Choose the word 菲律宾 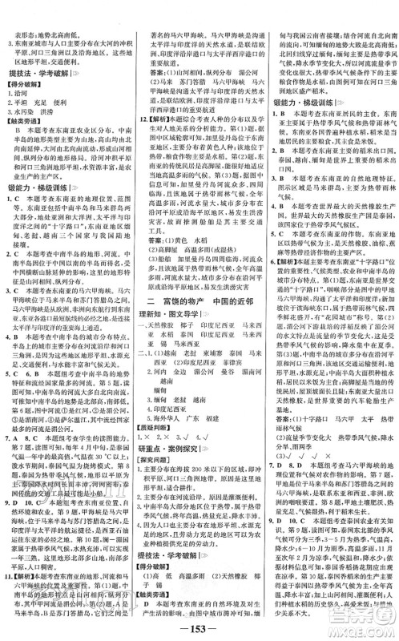pos(235,369)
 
